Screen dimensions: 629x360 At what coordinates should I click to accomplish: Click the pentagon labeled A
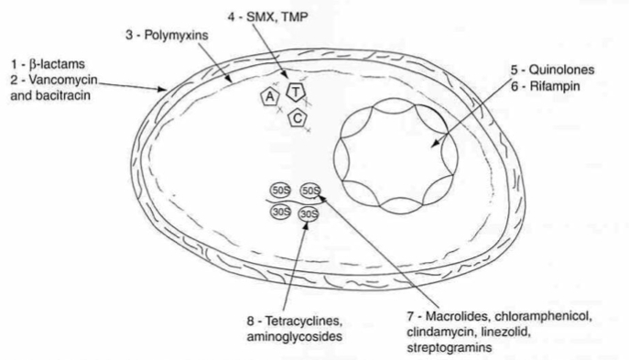tap(270, 96)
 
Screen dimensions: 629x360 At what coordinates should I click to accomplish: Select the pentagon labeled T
tap(296, 92)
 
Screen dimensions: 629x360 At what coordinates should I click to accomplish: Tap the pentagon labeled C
tap(298, 118)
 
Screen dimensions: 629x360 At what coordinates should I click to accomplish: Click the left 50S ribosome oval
tap(280, 191)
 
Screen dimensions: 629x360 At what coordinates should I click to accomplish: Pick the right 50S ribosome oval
tap(311, 191)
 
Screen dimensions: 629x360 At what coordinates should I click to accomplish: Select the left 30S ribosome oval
tap(280, 212)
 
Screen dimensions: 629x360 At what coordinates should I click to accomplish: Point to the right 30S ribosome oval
tap(309, 214)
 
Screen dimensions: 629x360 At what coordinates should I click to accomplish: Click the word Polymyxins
tap(176, 36)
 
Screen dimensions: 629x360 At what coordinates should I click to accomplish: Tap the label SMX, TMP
tap(277, 16)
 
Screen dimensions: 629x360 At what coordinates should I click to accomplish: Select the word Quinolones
tap(561, 70)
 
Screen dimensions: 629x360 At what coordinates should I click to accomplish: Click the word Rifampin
tap(555, 86)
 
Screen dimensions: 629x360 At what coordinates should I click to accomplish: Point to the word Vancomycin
tap(62, 80)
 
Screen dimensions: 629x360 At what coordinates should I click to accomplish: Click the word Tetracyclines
tap(304, 322)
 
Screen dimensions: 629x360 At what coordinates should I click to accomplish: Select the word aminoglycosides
tap(295, 336)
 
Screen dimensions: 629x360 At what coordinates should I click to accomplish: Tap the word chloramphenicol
tap(543, 317)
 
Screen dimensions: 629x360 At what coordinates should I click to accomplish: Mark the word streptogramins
tap(450, 347)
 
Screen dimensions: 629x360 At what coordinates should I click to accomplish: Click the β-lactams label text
tap(57, 64)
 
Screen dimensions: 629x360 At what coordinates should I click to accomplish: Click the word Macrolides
tap(458, 316)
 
